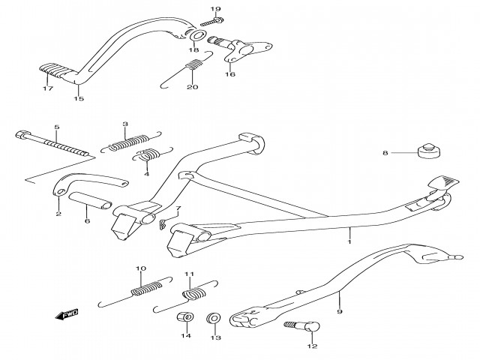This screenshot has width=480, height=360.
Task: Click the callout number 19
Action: (x=194, y=9)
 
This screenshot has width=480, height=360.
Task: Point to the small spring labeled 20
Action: (x=193, y=67)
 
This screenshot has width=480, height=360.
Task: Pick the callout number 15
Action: (x=78, y=98)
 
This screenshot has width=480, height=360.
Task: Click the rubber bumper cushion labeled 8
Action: (x=427, y=153)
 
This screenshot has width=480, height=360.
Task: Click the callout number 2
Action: (x=58, y=214)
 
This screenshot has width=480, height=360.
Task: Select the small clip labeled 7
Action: (x=166, y=224)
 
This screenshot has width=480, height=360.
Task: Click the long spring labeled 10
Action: (x=147, y=286)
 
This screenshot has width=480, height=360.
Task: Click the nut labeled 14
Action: (x=182, y=320)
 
